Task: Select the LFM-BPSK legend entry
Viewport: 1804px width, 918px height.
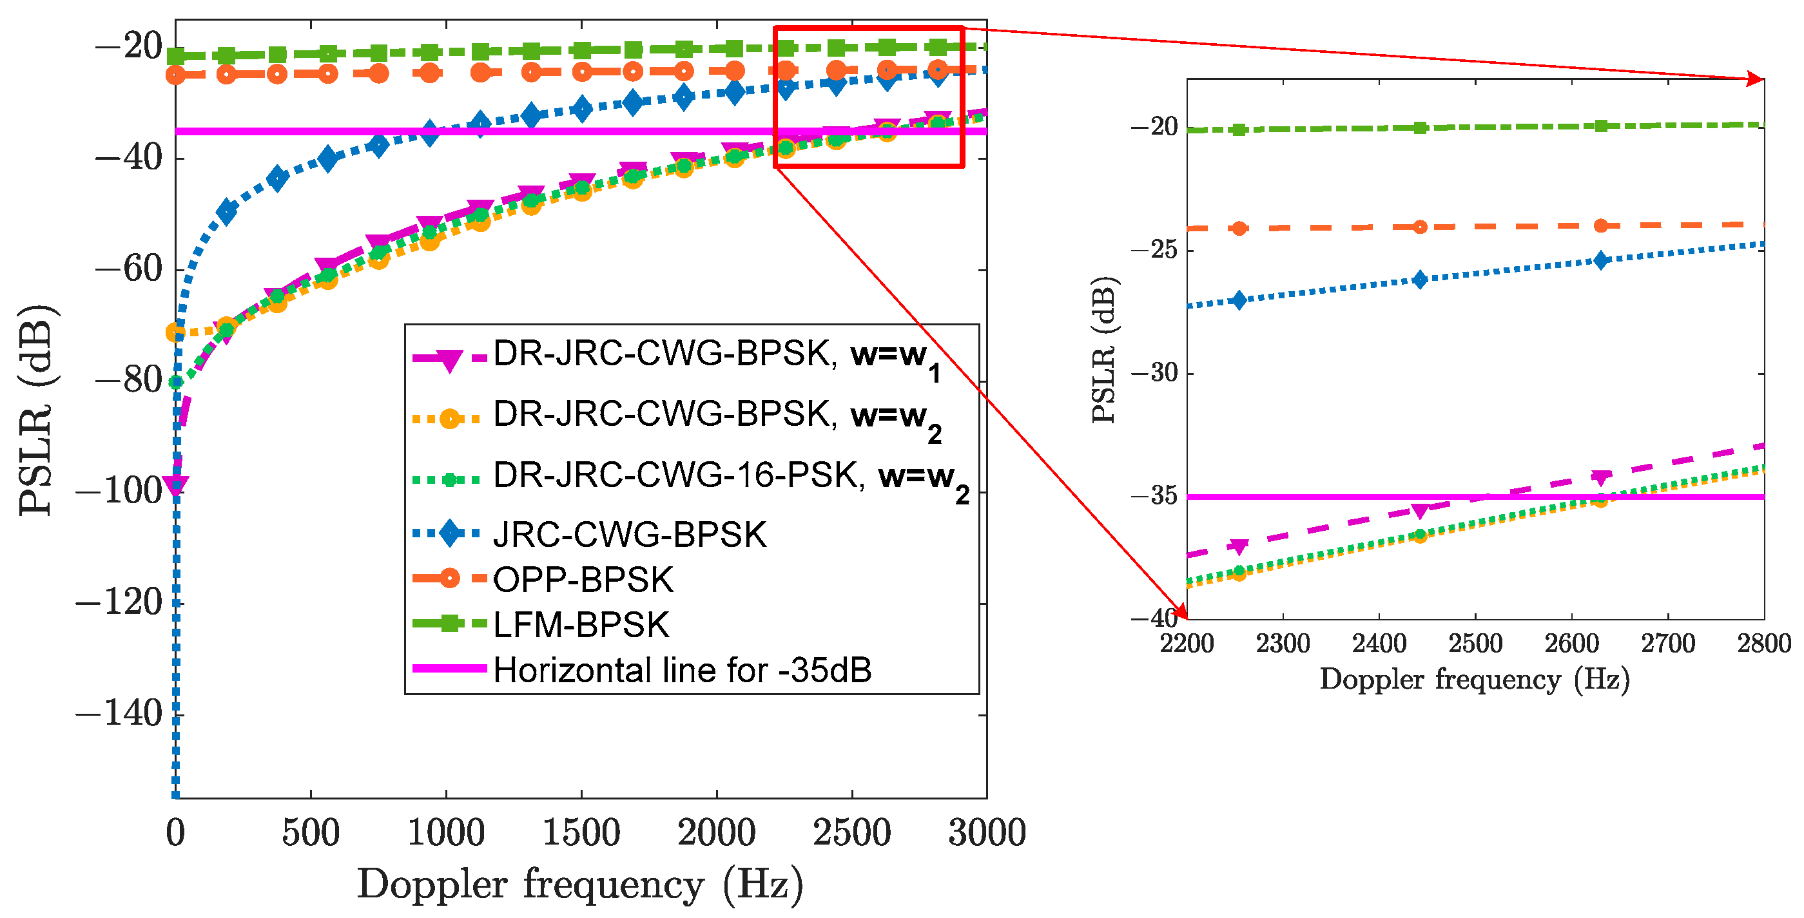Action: click(581, 625)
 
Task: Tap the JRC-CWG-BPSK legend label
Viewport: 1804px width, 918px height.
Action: click(630, 535)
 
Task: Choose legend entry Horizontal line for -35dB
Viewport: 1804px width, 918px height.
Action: click(682, 670)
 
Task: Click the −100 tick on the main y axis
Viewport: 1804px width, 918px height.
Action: click(119, 491)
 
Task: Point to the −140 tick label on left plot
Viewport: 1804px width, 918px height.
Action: click(119, 714)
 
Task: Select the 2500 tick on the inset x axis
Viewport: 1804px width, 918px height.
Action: click(1475, 643)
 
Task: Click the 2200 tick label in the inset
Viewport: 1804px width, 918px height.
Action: click(1187, 643)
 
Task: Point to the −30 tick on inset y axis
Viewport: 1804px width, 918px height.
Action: click(1154, 372)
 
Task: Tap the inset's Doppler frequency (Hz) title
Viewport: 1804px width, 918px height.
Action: click(1475, 679)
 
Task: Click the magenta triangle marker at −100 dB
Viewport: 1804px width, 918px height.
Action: click(175, 484)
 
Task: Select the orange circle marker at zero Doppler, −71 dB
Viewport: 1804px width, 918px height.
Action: click(175, 332)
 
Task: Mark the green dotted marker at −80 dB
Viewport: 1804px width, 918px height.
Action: click(177, 382)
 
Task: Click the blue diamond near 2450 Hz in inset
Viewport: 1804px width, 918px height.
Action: click(1419, 280)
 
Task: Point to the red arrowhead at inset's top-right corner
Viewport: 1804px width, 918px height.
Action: click(1756, 79)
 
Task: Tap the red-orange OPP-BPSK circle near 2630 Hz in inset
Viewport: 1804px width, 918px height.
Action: click(1600, 225)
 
